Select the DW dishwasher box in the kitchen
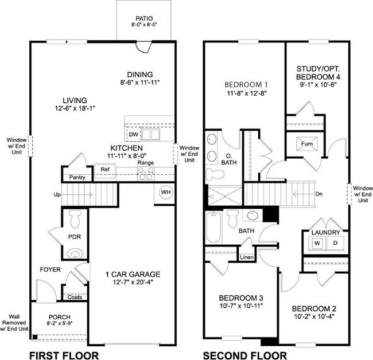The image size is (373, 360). pos(133,135)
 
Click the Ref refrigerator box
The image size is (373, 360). pos(105,170)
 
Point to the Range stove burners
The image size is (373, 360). pos(145,174)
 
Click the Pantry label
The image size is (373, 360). pos(77,178)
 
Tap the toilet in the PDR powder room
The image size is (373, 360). pos(75,218)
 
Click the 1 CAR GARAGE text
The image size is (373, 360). pos(133,274)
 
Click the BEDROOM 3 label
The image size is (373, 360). pos(241,298)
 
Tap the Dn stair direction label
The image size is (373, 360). pos(319,194)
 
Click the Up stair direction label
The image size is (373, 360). pos(57,195)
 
